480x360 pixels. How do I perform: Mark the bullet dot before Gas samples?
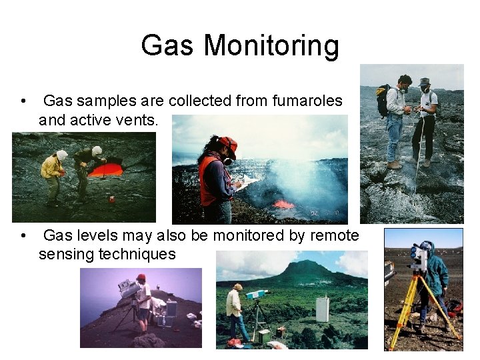pyautogui.click(x=24, y=102)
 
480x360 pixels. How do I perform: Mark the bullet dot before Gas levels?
pyautogui.click(x=24, y=236)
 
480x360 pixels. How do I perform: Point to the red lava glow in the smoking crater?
pyautogui.click(x=285, y=203)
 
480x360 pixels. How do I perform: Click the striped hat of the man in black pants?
pyautogui.click(x=425, y=82)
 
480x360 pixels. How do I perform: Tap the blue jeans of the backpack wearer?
pyautogui.click(x=395, y=137)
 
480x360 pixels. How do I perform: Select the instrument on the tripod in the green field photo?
pyautogui.click(x=257, y=294)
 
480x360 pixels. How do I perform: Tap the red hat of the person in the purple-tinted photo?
pyautogui.click(x=141, y=277)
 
